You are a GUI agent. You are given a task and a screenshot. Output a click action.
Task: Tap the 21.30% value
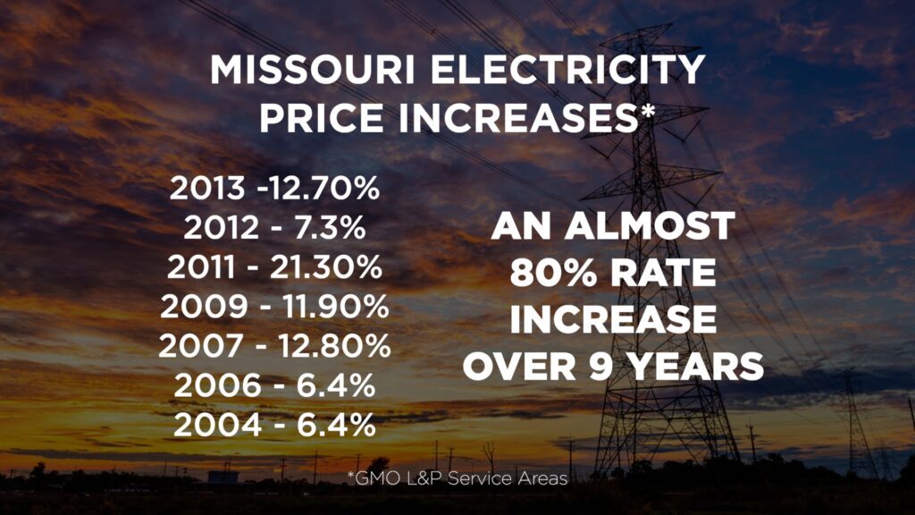(327, 267)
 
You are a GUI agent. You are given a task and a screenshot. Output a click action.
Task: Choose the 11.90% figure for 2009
(332, 307)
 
